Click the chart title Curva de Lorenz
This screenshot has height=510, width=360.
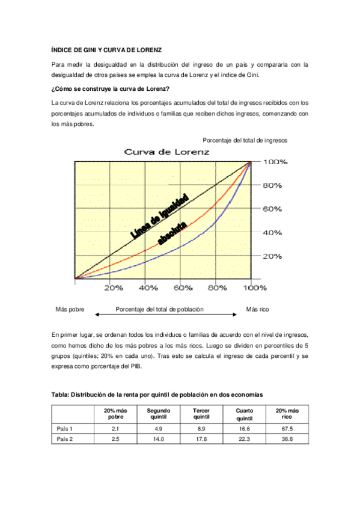click(x=166, y=152)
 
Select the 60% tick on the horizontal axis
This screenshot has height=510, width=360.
click(x=183, y=288)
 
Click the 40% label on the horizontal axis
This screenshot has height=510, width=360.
click(x=148, y=288)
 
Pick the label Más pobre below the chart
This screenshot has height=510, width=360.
click(x=70, y=309)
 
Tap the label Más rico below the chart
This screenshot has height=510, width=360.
click(x=258, y=309)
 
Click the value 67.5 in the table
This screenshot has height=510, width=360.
click(x=287, y=428)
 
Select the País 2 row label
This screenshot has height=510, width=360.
click(x=65, y=439)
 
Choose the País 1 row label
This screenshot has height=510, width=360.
click(x=65, y=428)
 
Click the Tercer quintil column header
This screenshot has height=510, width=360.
click(x=201, y=414)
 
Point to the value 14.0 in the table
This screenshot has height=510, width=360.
click(x=159, y=439)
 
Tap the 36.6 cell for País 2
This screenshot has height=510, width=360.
click(x=287, y=439)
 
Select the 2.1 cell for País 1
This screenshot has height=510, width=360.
click(x=115, y=428)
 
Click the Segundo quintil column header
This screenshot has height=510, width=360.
click(x=159, y=414)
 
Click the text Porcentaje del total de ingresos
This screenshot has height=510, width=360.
click(x=245, y=140)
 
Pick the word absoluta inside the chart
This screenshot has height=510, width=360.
click(x=172, y=233)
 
